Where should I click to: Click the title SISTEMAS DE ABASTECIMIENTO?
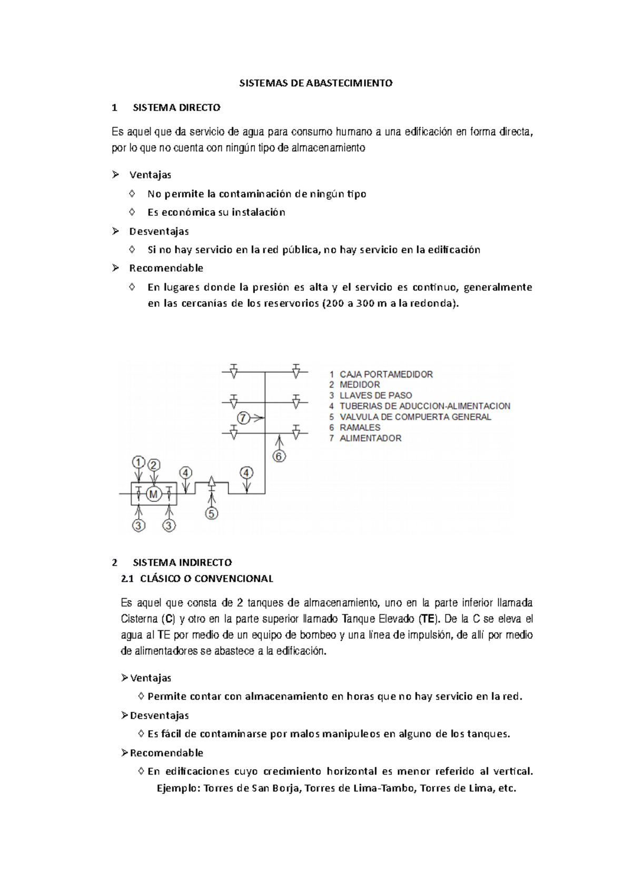point(316,83)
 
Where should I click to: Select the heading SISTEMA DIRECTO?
point(176,108)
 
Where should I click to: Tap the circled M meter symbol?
point(153,494)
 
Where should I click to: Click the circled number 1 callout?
point(138,462)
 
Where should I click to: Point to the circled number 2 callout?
point(154,465)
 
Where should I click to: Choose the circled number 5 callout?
point(211,513)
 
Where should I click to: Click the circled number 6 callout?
point(279,456)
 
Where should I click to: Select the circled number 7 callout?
point(243,418)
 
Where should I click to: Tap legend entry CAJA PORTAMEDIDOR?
point(386,374)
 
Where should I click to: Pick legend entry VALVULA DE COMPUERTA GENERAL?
point(415,417)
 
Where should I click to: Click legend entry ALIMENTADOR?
point(370,438)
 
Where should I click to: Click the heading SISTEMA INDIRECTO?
point(182,562)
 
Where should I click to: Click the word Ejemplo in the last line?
point(178,789)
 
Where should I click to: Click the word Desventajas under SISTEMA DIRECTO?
point(159,231)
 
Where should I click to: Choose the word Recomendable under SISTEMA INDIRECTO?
point(166,752)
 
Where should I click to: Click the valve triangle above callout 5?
point(211,481)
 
